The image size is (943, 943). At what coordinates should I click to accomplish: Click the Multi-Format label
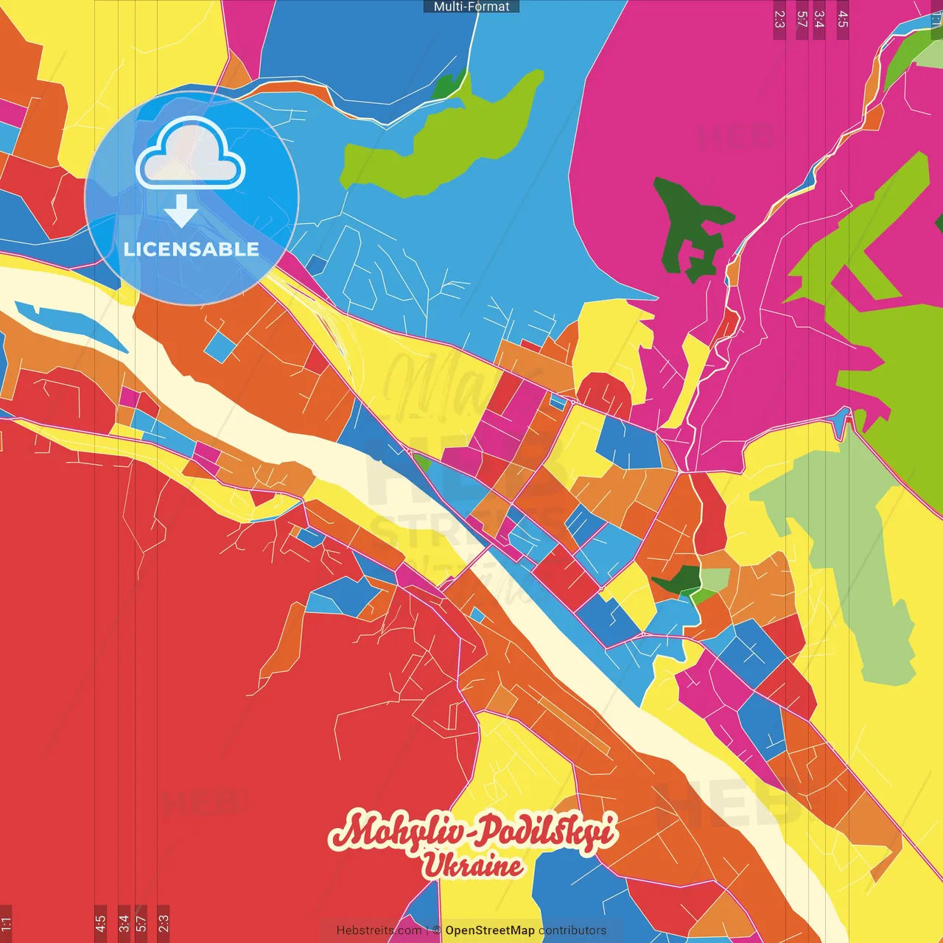[471, 7]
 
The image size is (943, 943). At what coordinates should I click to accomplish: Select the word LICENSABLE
[192, 249]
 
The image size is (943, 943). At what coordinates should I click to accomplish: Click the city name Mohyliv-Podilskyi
[472, 832]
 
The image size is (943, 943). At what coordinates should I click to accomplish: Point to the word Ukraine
[472, 866]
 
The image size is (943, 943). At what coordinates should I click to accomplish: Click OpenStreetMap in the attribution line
[489, 930]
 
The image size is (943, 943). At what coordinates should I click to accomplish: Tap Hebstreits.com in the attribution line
[379, 930]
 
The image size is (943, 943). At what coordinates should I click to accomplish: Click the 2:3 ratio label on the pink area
[779, 19]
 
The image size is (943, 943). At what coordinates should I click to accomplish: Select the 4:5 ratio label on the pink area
[843, 19]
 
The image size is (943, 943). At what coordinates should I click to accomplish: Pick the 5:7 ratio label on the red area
[141, 923]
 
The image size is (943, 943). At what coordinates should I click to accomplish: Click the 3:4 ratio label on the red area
[124, 923]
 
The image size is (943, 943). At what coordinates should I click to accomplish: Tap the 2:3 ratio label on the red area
[164, 923]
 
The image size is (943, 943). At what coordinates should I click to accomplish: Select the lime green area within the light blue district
[442, 140]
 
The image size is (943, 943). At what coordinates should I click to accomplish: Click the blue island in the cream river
[70, 324]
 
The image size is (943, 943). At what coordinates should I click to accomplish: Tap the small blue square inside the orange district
[219, 347]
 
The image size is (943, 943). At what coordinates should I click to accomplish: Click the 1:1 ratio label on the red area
[6, 923]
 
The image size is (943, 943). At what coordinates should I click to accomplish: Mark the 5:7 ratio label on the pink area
[802, 19]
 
